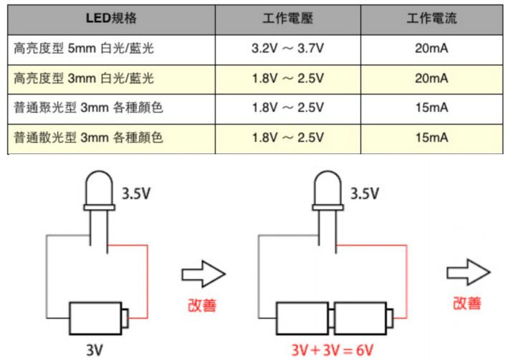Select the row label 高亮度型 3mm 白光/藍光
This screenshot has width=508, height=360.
tap(84, 78)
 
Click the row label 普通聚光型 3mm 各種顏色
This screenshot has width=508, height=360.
tap(88, 108)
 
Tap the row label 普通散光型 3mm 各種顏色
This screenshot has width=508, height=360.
tap(88, 136)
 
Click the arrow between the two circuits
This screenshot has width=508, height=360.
tap(203, 275)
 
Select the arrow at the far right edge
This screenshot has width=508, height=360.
tap(467, 273)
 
